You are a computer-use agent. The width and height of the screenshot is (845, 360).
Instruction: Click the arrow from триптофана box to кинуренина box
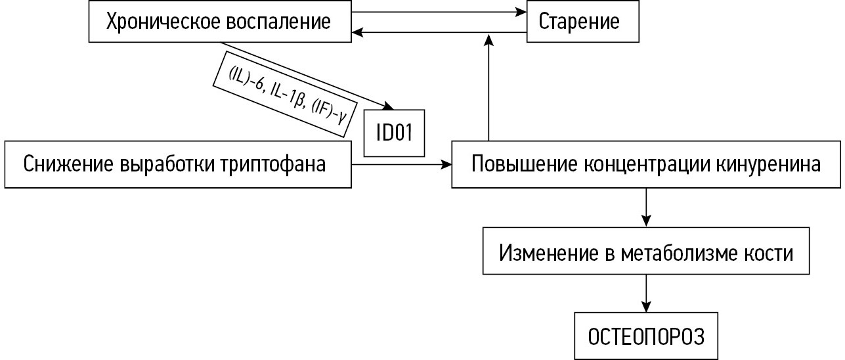(x=402, y=164)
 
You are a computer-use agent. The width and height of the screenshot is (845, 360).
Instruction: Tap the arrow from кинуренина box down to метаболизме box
(x=647, y=207)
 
